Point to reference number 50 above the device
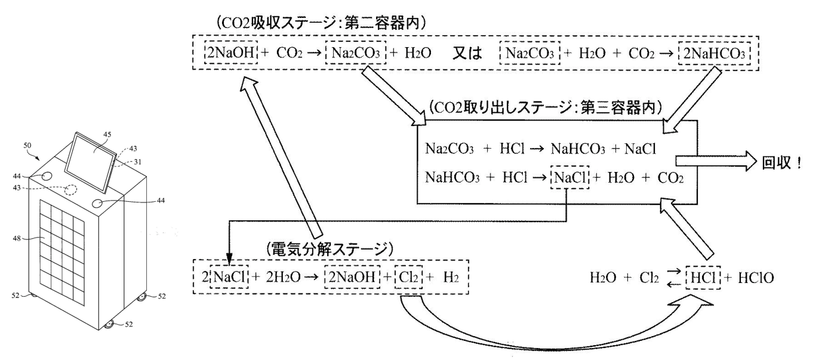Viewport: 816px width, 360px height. point(27,146)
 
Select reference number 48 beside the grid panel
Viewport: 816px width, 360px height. point(17,239)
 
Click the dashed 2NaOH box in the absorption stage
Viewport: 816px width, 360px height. point(231,53)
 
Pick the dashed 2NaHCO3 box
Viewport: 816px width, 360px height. point(714,54)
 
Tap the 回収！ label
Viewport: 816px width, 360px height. point(781,163)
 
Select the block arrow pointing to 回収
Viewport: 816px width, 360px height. point(716,161)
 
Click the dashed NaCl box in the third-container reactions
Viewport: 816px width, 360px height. point(569,177)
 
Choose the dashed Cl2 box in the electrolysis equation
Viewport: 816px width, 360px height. point(408,277)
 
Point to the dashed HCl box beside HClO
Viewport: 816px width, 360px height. point(703,278)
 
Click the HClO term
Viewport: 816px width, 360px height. point(756,278)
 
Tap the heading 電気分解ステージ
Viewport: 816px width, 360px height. point(330,250)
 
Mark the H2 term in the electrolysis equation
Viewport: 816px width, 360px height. point(451,278)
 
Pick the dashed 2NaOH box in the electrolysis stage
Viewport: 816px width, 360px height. point(352,277)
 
